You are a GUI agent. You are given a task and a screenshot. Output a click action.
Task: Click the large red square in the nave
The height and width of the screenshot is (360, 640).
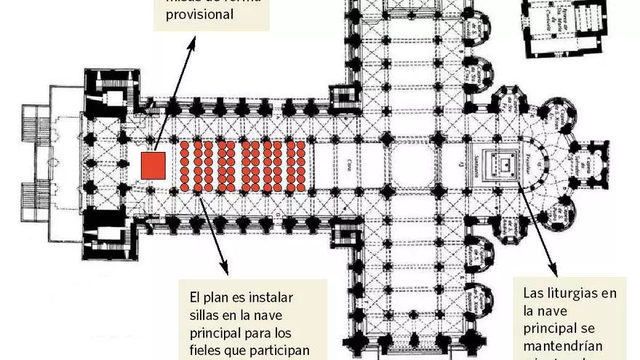154,164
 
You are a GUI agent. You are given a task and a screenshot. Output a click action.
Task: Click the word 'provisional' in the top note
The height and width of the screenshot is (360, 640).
199,14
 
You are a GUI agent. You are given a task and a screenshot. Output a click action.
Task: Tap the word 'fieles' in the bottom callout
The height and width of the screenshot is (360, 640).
209,351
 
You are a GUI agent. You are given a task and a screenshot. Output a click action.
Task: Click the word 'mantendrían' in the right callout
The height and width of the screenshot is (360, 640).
561,345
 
